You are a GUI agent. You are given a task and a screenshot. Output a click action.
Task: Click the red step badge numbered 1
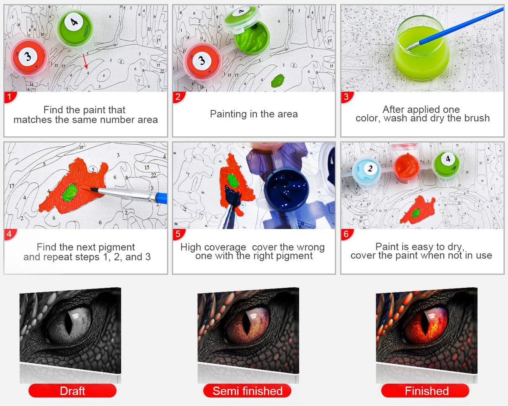10,97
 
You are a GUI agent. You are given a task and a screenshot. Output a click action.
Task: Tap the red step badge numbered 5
178,234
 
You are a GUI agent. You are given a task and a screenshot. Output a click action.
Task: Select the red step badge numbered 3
347,97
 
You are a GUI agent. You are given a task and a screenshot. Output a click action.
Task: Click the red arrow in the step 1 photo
85,61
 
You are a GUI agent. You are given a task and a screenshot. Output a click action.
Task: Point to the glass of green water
421,49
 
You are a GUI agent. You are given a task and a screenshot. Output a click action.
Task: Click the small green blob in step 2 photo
277,80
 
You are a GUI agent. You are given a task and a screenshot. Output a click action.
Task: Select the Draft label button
72,391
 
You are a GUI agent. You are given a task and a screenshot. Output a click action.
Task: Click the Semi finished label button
247,391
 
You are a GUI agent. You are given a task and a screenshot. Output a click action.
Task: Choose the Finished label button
425,391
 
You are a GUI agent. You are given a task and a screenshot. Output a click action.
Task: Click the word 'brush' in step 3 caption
477,118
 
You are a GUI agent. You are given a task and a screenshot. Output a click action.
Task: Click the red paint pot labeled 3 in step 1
29,57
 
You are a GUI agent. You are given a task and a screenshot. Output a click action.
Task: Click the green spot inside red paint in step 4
70,193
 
